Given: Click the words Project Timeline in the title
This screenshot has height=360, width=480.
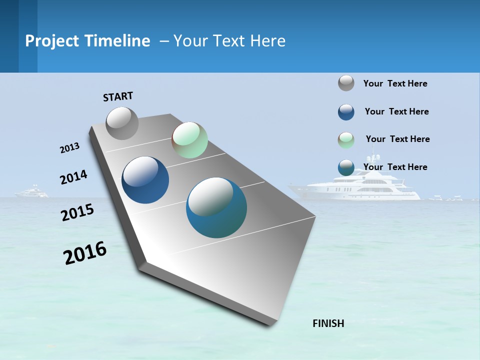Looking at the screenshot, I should (87, 41).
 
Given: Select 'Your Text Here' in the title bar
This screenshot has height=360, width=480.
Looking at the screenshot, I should (229, 41).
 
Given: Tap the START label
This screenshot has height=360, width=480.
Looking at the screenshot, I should (118, 96).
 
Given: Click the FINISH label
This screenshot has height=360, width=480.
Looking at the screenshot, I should (328, 323).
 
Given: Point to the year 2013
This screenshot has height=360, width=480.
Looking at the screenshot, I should (69, 148).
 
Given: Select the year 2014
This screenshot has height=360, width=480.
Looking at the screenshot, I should (73, 177).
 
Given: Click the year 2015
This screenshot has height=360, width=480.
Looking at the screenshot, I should (77, 212).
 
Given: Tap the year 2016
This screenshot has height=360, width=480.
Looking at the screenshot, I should (85, 253).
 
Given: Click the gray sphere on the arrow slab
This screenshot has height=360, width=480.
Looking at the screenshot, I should (122, 123).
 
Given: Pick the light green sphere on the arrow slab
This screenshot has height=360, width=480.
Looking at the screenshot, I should (189, 140).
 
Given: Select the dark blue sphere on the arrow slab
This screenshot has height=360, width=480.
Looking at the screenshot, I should (145, 180).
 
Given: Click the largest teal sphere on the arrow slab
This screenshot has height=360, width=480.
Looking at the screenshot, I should (216, 207).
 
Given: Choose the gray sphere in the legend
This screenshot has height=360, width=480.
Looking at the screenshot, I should (346, 83).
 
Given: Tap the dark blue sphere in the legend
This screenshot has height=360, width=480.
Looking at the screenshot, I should (346, 112).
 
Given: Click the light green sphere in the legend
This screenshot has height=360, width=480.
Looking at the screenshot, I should (346, 140).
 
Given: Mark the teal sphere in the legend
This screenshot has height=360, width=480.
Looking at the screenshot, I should (346, 167).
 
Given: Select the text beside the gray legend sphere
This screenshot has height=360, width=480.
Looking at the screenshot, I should (395, 83).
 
